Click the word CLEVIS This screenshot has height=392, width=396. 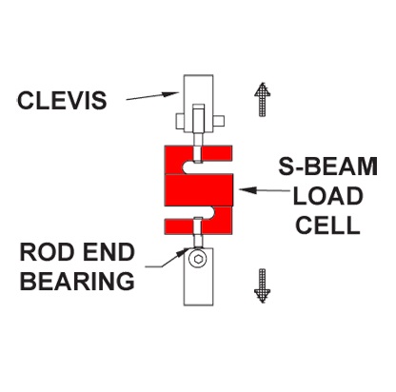click(x=62, y=100)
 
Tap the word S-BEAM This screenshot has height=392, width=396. click(x=328, y=167)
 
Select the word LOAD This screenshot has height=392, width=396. click(x=327, y=196)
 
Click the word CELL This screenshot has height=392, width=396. click(x=327, y=225)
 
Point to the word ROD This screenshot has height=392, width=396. click(x=45, y=252)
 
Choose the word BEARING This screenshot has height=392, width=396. click(x=77, y=281)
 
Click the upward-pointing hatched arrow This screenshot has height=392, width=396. click(x=263, y=100)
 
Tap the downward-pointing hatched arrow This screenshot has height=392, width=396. click(x=263, y=285)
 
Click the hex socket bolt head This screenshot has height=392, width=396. click(x=198, y=259)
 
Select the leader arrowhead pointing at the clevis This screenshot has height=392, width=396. click(x=170, y=93)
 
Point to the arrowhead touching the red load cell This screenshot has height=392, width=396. click(x=247, y=190)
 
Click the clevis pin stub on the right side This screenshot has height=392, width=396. click(x=219, y=121)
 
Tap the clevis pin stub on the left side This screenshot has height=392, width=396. click(x=180, y=122)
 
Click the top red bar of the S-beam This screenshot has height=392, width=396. click(x=198, y=153)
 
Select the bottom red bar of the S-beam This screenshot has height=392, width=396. click(x=198, y=226)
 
